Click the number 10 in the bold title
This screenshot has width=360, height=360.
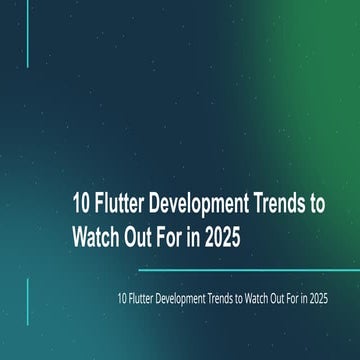(x=81, y=205)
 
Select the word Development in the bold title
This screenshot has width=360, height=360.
(x=201, y=205)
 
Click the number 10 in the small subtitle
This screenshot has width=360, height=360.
(x=121, y=297)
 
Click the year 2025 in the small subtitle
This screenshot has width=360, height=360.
(x=321, y=297)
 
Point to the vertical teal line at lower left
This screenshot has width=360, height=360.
(x=27, y=302)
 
